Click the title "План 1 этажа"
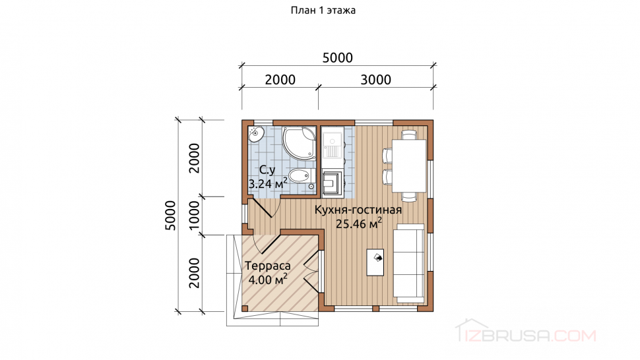[323, 10]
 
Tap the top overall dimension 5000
[338, 58]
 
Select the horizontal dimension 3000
[375, 80]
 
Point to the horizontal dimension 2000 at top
[280, 80]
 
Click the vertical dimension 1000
[195, 215]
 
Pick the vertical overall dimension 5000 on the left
[170, 215]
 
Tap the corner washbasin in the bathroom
[256, 134]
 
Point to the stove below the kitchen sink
[333, 182]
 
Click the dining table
[409, 165]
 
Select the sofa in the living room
[409, 263]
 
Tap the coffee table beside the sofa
[375, 262]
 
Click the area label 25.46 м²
[359, 224]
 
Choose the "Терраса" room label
[268, 266]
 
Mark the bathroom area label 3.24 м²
[268, 183]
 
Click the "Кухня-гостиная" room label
[358, 210]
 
